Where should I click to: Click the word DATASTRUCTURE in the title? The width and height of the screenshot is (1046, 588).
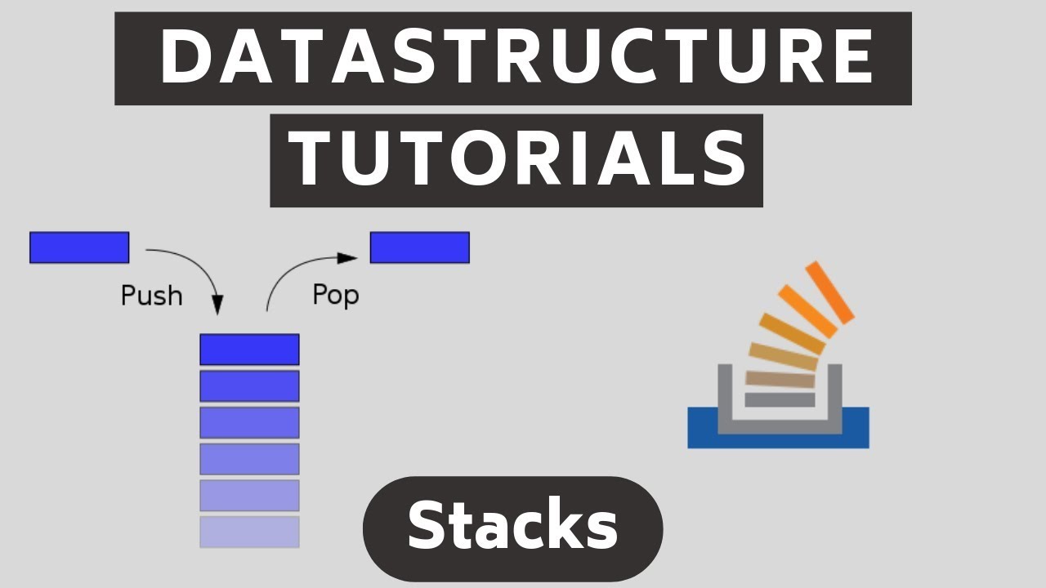513,58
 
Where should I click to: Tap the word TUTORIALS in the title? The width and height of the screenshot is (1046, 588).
516,161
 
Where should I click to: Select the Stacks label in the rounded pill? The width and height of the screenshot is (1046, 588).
512,527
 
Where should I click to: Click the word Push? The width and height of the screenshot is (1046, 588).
151,296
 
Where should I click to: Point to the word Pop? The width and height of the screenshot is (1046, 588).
335,294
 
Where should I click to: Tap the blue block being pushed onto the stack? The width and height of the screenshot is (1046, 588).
79,247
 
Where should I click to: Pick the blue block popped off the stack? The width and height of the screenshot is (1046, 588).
419,247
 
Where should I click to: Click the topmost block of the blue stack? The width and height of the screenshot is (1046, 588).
249,350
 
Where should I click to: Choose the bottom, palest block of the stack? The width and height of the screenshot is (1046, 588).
249,532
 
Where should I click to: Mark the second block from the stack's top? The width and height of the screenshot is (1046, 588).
249,386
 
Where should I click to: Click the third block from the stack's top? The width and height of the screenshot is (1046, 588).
249,422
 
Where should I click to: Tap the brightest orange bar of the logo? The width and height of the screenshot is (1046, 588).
829,291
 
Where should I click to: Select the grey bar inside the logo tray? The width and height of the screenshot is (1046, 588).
780,399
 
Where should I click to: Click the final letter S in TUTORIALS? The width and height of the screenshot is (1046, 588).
723,161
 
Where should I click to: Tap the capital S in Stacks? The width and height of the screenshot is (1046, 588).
431,527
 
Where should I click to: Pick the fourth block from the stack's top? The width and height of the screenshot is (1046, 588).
249,459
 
